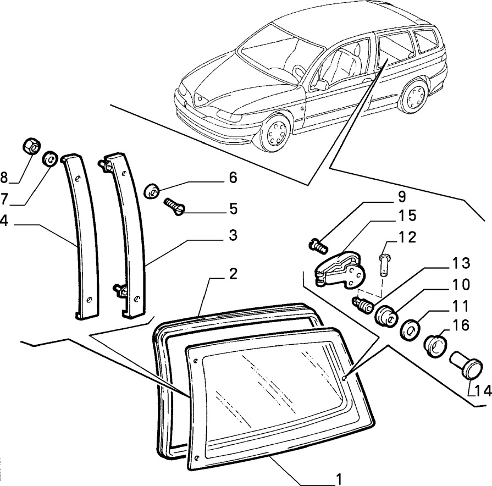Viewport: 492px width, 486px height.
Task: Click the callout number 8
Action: pos(4,178)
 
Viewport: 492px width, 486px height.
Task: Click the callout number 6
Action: pos(233,178)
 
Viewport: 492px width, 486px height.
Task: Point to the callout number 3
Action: pos(233,235)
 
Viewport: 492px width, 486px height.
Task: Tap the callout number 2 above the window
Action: pos(233,274)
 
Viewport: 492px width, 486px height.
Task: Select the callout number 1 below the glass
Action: pos(339,479)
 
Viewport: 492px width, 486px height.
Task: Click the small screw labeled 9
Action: pos(318,245)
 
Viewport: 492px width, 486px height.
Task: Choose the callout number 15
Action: pos(407,216)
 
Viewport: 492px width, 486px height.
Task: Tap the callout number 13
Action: pos(460,263)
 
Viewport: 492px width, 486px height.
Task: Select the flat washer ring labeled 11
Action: pos(410,330)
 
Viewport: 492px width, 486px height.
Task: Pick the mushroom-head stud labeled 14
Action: pos(467,366)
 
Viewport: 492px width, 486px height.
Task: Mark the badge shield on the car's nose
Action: pos(200,99)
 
